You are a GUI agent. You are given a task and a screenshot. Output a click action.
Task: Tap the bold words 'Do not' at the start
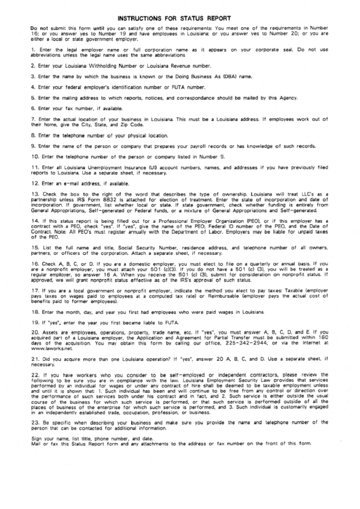(x=39, y=28)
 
